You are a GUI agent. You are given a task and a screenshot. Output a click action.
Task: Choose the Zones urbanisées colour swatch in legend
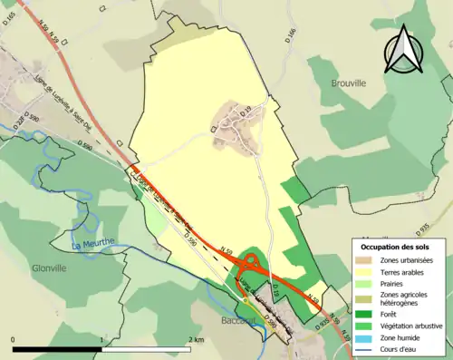click(366, 259)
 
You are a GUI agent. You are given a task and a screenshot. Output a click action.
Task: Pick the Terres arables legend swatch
click(366, 271)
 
